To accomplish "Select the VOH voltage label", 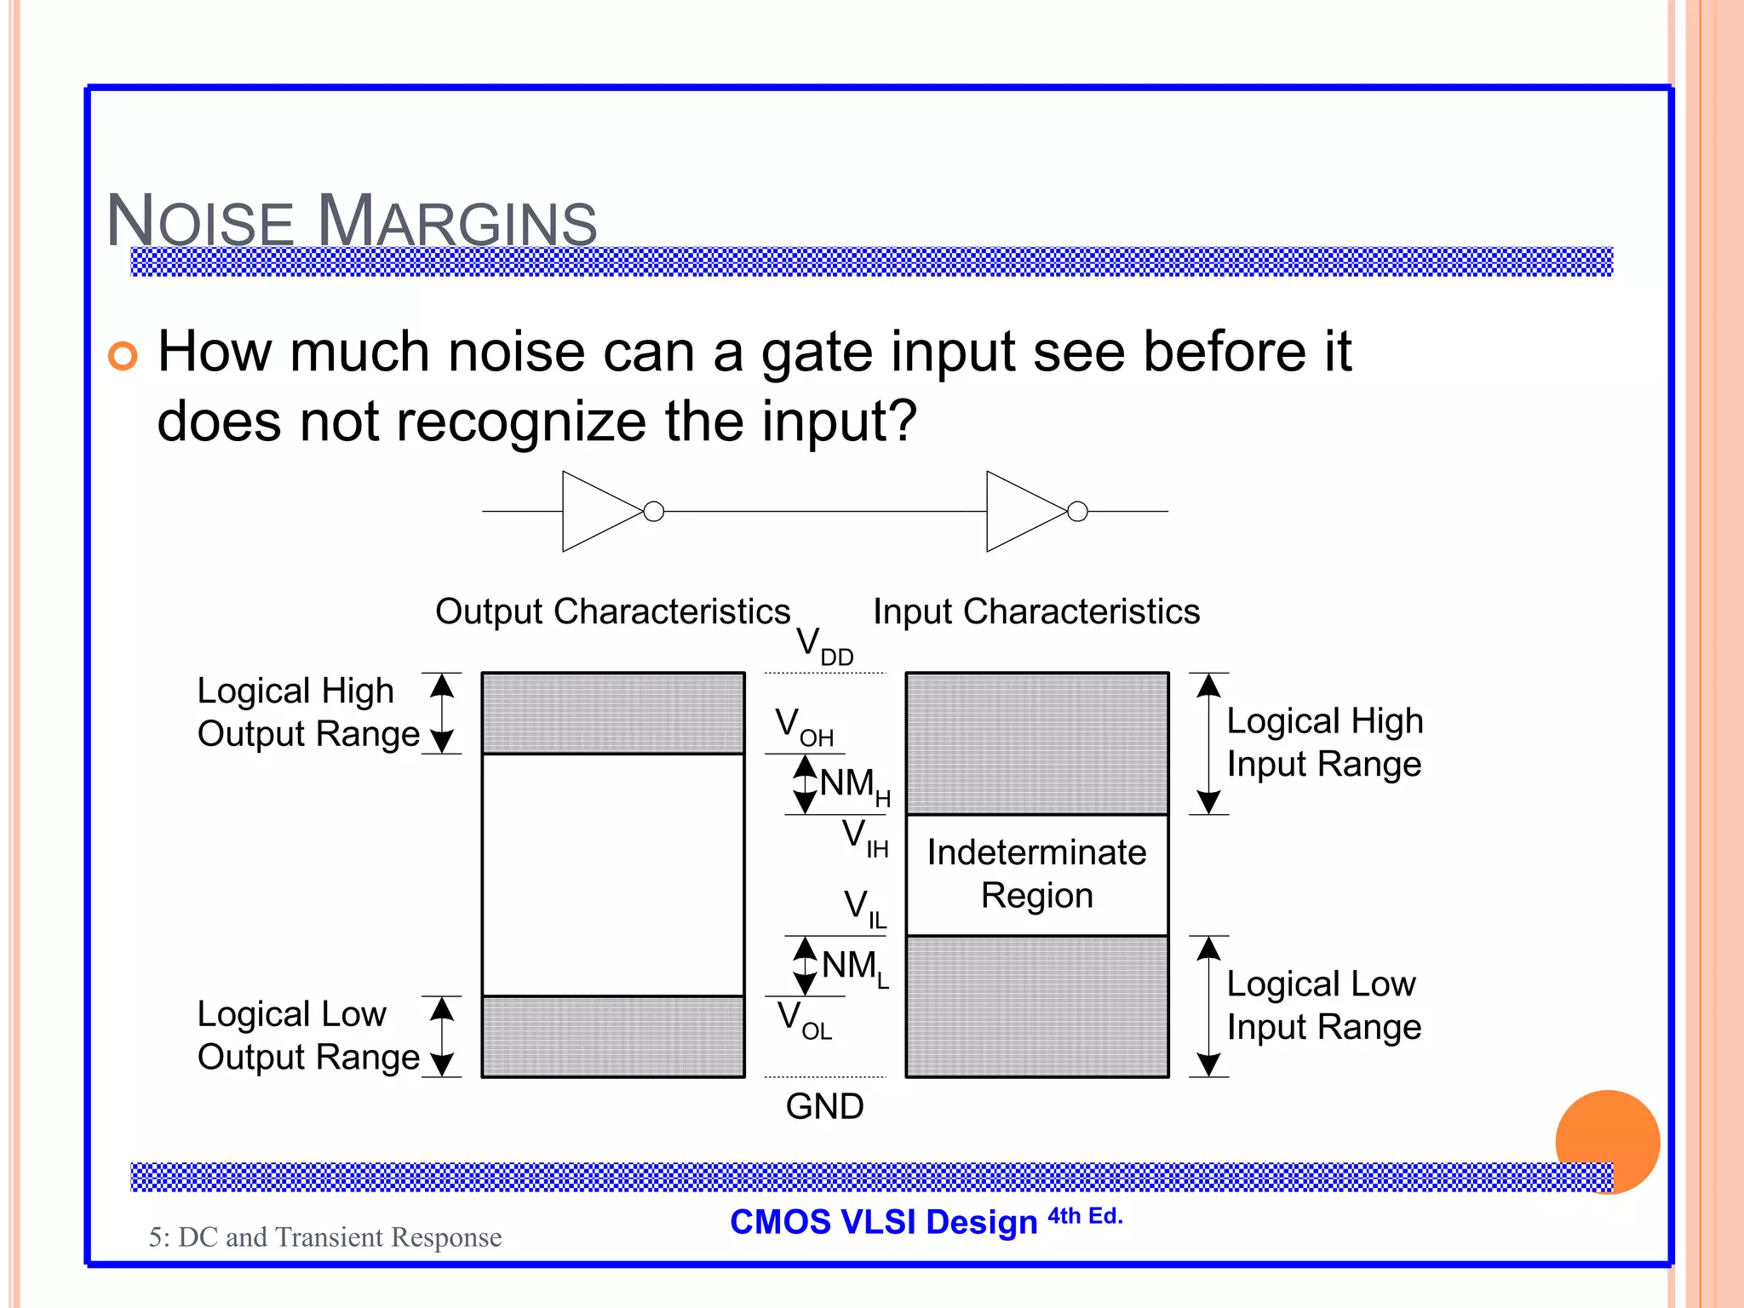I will (x=803, y=726).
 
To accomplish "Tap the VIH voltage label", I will (x=864, y=837).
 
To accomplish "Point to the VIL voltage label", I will (x=864, y=908).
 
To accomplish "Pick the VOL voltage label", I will (x=803, y=1019).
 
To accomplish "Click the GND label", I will (x=823, y=1106).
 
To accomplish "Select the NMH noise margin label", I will (x=853, y=785).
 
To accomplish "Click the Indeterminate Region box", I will (x=1036, y=875).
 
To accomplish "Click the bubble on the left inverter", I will (x=653, y=512).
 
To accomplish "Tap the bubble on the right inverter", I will (x=1077, y=512).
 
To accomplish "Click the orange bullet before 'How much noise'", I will (x=123, y=356).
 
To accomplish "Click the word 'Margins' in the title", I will (x=457, y=221).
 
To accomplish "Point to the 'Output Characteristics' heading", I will (x=612, y=611).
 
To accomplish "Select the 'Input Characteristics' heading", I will (x=1035, y=611).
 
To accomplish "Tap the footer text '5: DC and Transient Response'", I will (x=325, y=1236).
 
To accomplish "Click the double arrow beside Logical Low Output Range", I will (x=441, y=1036).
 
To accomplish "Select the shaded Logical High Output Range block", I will (x=612, y=713).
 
